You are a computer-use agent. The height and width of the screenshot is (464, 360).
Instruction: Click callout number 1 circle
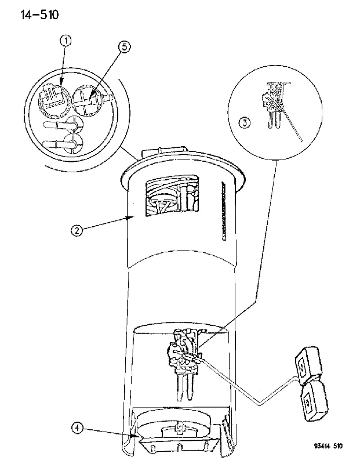(66, 41)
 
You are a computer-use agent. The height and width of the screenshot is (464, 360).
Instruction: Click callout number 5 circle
(124, 47)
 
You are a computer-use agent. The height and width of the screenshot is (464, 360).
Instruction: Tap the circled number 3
(244, 122)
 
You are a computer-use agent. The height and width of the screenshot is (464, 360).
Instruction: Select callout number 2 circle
(77, 230)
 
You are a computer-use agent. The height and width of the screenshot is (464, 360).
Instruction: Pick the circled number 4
(77, 428)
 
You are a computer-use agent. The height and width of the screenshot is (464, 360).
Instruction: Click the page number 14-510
(39, 14)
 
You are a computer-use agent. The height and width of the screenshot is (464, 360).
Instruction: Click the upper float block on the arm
(308, 366)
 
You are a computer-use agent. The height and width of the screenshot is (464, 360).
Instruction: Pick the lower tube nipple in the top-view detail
(57, 144)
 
